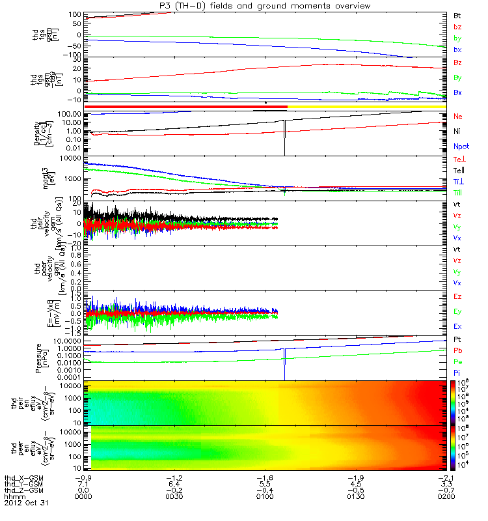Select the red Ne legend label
coord(457,116)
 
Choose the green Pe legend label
coord(457,361)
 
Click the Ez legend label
coord(457,297)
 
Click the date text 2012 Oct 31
coord(26,503)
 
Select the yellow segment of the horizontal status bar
coord(364,106)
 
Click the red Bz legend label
coord(457,63)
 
